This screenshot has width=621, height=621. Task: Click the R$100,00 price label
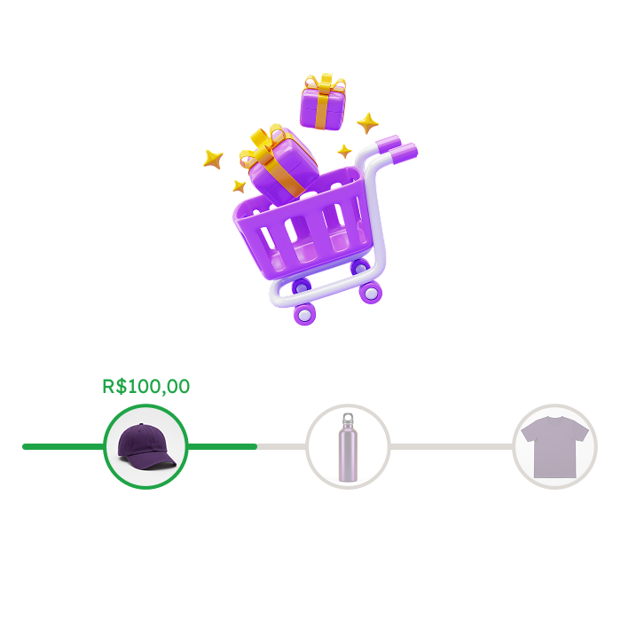[146, 386]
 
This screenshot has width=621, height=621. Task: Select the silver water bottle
[348, 447]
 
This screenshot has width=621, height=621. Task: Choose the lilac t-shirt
[554, 447]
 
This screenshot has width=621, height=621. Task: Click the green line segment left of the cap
[63, 447]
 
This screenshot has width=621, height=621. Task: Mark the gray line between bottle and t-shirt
[451, 447]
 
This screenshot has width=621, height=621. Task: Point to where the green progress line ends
[255, 447]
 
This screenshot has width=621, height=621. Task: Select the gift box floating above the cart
[323, 102]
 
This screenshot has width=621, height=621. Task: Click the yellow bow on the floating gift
[325, 83]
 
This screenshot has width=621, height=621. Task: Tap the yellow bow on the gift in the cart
[263, 146]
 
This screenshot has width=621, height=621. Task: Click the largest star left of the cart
[213, 159]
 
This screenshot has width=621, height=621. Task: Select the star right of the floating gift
[367, 122]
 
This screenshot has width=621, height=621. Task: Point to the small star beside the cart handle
[344, 151]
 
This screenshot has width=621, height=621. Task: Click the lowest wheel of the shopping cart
[304, 314]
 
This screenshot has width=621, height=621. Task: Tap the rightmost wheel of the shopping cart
[371, 293]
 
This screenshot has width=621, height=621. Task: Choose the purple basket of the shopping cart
[303, 225]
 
